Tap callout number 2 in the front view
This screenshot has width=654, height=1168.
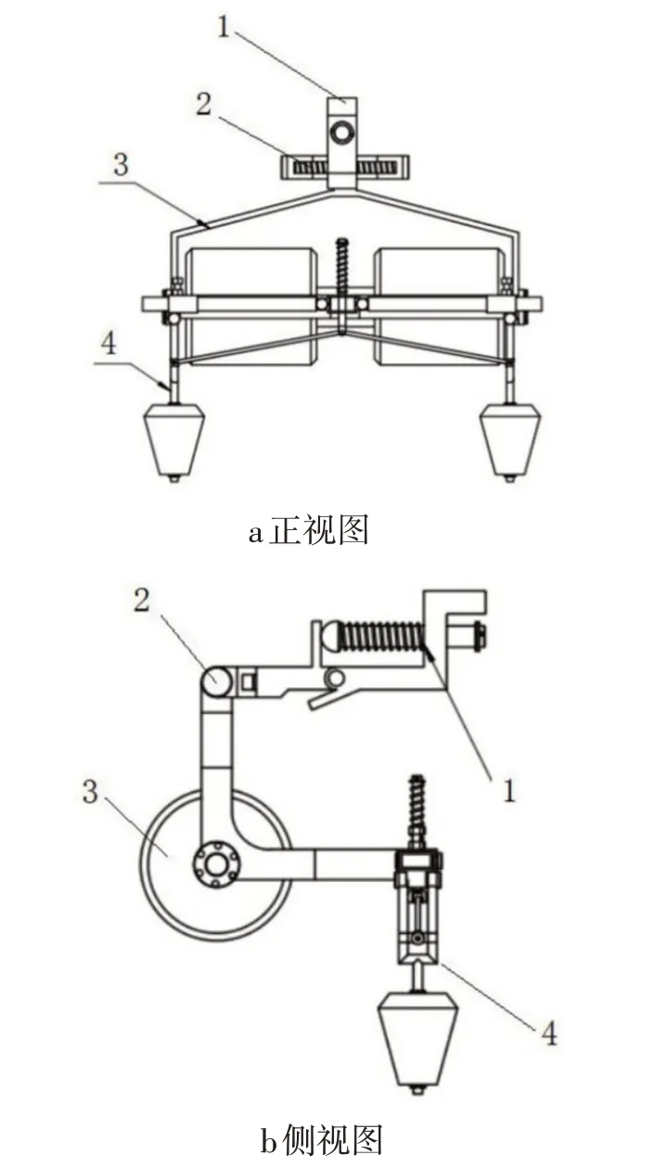coord(204,104)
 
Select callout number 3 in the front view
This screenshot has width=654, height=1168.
coord(121,164)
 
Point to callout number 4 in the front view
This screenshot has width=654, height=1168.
coord(109,344)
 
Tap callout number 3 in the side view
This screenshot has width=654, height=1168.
coord(90,792)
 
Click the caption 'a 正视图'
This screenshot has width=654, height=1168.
coord(309,530)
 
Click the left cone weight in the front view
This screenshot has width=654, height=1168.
coord(173,441)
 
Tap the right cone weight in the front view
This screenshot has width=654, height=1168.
coord(510,441)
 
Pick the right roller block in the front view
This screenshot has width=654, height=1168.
coord(441,305)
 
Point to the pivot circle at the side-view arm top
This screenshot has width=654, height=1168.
coord(215,680)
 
